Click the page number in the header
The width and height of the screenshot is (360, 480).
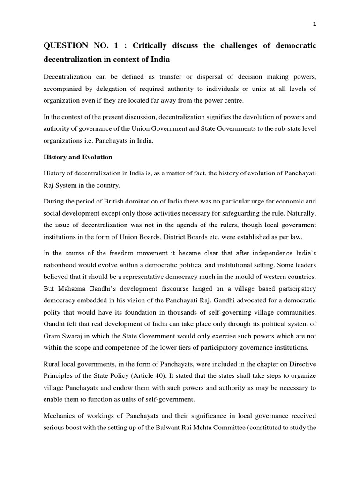(315, 24)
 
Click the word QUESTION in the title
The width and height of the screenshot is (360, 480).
(65, 46)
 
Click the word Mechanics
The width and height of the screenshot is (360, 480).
(60, 416)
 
